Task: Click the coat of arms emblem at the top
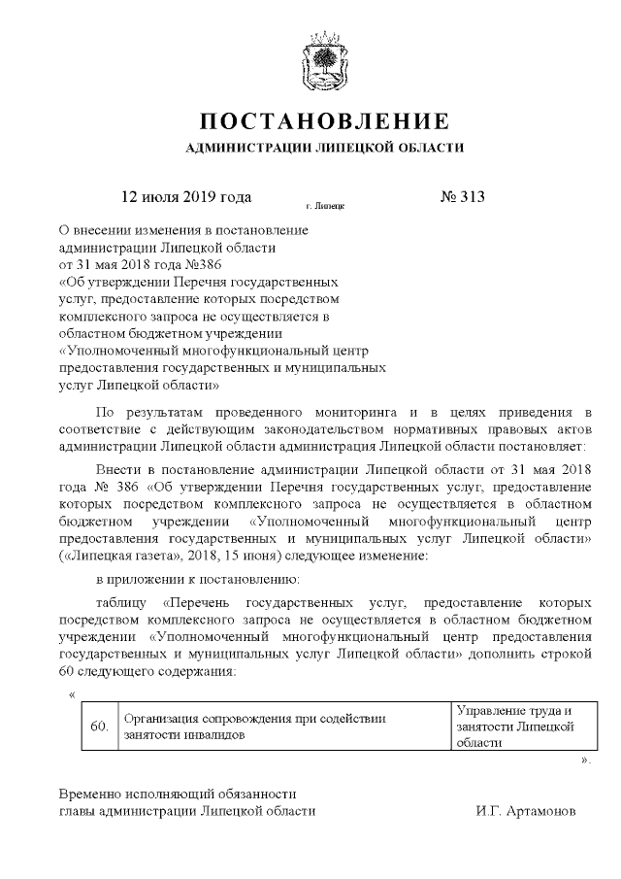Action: tap(324, 61)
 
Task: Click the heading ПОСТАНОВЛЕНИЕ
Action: tap(324, 122)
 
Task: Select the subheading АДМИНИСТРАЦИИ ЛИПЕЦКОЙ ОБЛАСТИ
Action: tap(324, 149)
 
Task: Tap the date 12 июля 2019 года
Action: tap(185, 196)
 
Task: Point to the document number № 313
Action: tap(463, 196)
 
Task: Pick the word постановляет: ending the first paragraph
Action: tap(543, 445)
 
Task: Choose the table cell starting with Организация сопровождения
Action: tap(283, 727)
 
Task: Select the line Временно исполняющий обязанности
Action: tap(178, 793)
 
